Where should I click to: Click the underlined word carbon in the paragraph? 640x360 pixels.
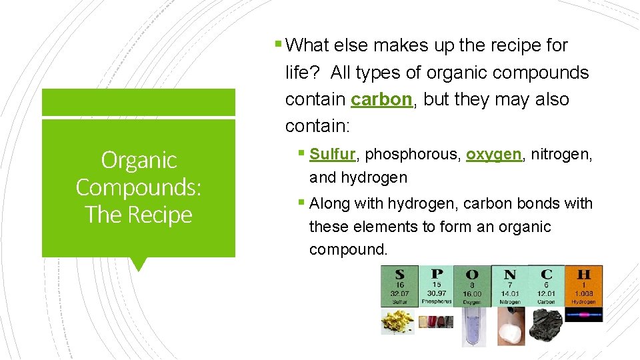pyautogui.click(x=381, y=99)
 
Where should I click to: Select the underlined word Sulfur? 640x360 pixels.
pyautogui.click(x=333, y=154)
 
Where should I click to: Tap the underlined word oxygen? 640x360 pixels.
pyautogui.click(x=493, y=154)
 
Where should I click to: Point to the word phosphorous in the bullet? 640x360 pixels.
pyautogui.click(x=411, y=154)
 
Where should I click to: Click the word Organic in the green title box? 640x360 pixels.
pyautogui.click(x=139, y=160)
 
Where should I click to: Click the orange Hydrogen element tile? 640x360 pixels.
pyautogui.click(x=584, y=285)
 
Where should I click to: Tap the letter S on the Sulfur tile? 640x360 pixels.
pyautogui.click(x=399, y=273)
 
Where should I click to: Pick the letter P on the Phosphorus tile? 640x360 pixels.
pyautogui.click(x=436, y=273)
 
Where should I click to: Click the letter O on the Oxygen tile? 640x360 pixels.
pyautogui.click(x=472, y=274)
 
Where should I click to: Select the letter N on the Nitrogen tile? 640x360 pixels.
pyautogui.click(x=510, y=274)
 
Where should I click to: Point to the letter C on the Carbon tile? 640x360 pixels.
pyautogui.click(x=547, y=273)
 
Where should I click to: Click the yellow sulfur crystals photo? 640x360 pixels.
pyautogui.click(x=398, y=321)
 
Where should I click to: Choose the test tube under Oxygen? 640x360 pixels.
pyautogui.click(x=471, y=326)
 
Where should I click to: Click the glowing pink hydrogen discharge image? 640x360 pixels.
pyautogui.click(x=584, y=314)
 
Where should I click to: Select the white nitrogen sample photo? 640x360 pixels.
pyautogui.click(x=509, y=323)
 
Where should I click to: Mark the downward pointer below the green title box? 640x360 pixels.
pyautogui.click(x=139, y=264)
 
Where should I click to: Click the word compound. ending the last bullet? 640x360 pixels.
pyautogui.click(x=348, y=250)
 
